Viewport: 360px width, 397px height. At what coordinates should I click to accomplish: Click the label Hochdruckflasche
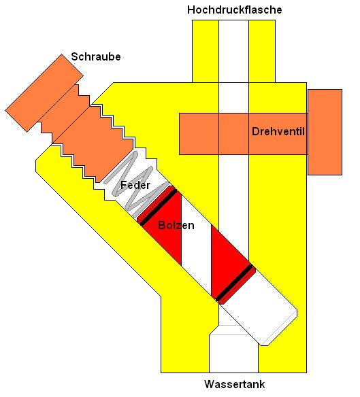point(235,10)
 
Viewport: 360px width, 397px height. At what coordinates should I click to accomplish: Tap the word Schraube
point(95,56)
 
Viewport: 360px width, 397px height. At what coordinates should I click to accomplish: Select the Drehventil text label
point(278,131)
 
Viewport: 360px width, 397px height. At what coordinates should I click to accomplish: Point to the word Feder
point(135,185)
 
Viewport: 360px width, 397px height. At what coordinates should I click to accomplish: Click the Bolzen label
point(176,225)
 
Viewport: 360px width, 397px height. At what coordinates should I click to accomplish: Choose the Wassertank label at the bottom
point(235,384)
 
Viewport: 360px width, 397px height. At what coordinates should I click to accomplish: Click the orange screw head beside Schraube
point(44,92)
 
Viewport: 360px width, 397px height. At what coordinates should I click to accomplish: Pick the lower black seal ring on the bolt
point(235,283)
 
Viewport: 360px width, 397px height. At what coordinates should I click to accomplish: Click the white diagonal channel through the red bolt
point(197,245)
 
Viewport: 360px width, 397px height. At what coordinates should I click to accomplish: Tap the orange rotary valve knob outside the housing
point(325,132)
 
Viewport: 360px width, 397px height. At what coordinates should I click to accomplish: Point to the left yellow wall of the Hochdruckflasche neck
point(206,51)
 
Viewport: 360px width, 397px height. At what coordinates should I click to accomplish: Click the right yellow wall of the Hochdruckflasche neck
point(262,51)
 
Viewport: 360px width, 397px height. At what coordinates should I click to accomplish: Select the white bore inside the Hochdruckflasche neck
point(233,51)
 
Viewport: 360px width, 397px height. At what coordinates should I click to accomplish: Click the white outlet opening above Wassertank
point(233,353)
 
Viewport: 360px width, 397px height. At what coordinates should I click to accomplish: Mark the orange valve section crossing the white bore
point(233,134)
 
